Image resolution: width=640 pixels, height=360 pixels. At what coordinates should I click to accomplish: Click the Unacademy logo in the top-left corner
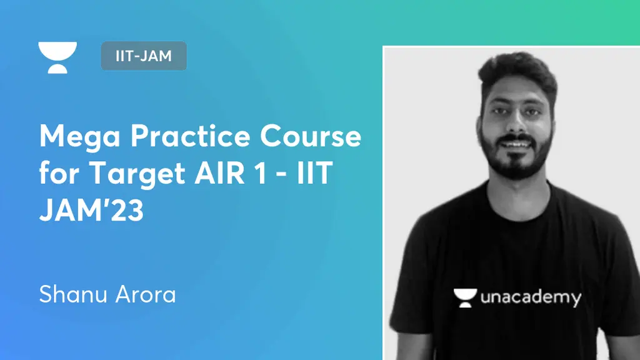(x=57, y=57)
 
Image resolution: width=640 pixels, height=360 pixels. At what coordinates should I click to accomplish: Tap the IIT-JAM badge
(x=144, y=56)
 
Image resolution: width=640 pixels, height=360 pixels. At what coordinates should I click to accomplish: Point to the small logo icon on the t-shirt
(x=464, y=296)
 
